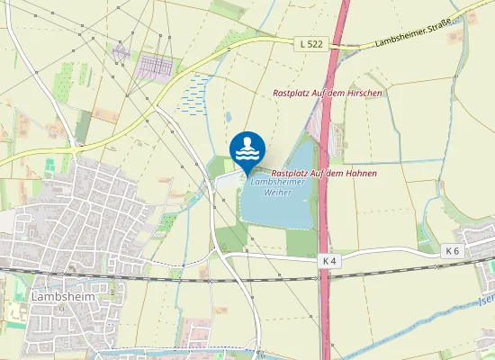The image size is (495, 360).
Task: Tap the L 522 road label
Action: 311,42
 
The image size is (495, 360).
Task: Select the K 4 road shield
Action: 330,261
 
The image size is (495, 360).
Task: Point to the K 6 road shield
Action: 452,251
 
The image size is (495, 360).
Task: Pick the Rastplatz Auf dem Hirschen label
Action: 328,94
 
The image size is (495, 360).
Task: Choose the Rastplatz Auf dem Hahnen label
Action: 323,172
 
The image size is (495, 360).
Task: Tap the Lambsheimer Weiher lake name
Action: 278,188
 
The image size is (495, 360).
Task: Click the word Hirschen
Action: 364,94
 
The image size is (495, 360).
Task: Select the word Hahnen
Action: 359,172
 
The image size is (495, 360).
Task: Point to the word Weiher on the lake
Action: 278,194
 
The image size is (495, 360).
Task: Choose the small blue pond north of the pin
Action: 229,117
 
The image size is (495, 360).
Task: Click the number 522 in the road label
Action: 315,42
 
